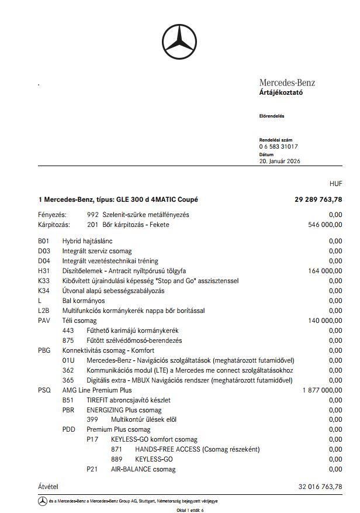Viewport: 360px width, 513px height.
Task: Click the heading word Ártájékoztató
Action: [x=281, y=92]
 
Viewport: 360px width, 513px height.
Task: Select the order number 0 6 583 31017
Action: [x=278, y=147]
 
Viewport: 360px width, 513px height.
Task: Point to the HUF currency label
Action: [x=335, y=184]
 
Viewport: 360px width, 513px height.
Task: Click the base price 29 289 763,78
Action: [x=318, y=199]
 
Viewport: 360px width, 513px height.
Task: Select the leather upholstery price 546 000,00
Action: [x=325, y=224]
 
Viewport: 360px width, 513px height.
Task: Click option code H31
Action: [x=44, y=271]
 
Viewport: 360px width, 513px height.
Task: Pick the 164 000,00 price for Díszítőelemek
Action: [x=325, y=271]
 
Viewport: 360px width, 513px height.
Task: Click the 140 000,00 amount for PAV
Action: [x=325, y=321]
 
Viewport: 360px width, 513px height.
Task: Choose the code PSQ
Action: [x=44, y=390]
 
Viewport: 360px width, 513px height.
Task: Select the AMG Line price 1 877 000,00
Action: [x=322, y=390]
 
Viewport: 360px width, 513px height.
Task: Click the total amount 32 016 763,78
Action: [x=320, y=487]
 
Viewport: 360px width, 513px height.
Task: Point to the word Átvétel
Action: [x=49, y=487]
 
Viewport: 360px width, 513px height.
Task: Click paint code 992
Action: [x=92, y=215]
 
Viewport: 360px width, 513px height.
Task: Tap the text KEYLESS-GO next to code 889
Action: [x=154, y=459]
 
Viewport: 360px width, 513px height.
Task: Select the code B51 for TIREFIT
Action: [x=68, y=400]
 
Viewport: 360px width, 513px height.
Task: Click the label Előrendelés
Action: [x=271, y=116]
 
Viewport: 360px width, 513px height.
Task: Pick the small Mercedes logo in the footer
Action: [x=43, y=501]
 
